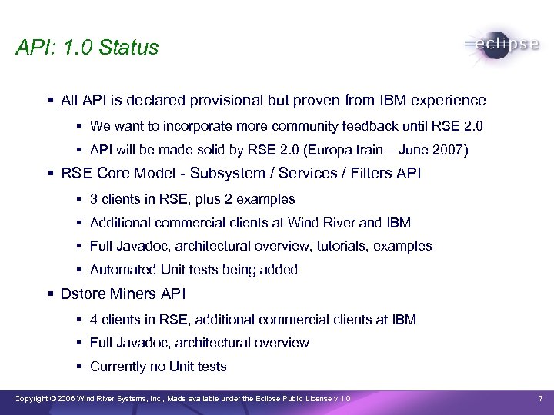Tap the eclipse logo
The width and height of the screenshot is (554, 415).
point(502,45)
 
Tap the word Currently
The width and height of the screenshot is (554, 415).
point(118,367)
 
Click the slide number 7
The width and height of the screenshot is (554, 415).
point(539,398)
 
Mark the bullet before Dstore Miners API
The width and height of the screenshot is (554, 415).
point(50,294)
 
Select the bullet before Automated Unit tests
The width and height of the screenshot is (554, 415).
point(79,270)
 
